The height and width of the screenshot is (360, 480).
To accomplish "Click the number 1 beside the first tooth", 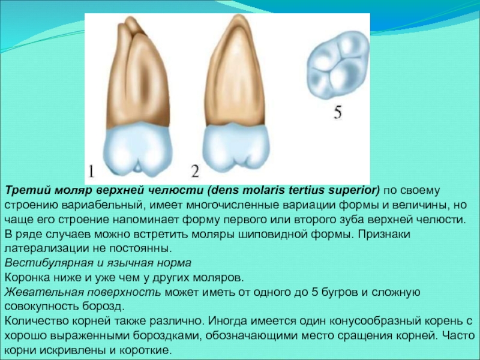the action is [x=91, y=172].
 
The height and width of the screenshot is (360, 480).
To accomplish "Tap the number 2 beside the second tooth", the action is [x=196, y=171].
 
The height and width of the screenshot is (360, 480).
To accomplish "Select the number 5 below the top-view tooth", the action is [x=337, y=112].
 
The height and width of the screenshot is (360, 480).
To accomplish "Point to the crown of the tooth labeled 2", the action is [x=236, y=148].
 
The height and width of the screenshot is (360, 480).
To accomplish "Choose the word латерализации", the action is [x=46, y=248].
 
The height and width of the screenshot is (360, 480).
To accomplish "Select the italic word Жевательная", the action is [x=44, y=292].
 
